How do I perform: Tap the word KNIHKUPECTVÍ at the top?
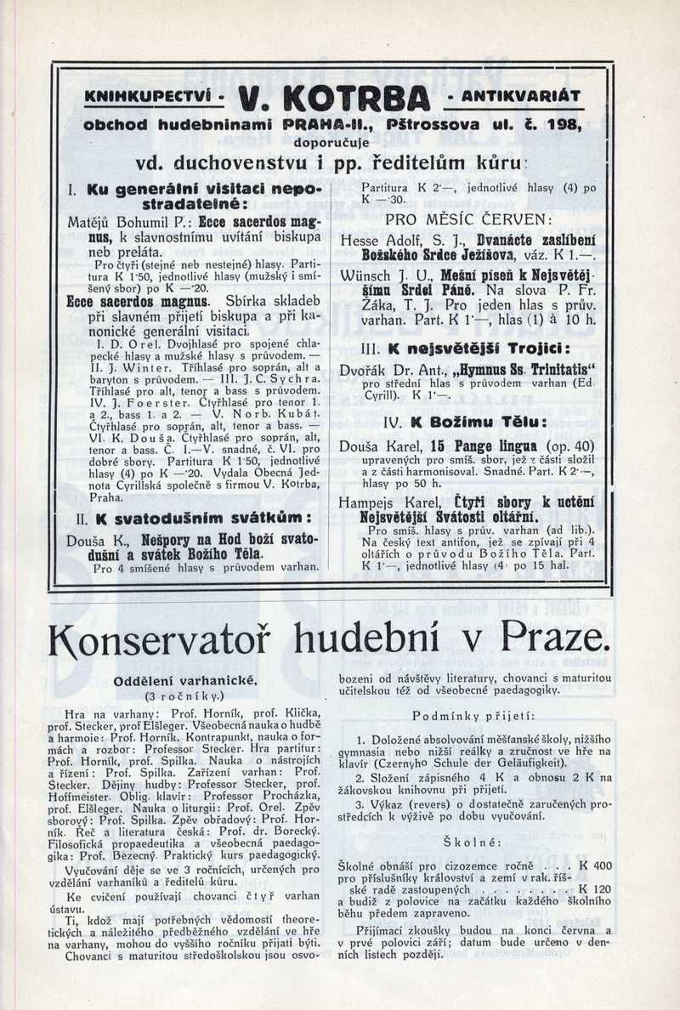click(x=147, y=97)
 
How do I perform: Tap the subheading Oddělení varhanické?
click(x=184, y=681)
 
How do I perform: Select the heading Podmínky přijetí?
click(x=473, y=715)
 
